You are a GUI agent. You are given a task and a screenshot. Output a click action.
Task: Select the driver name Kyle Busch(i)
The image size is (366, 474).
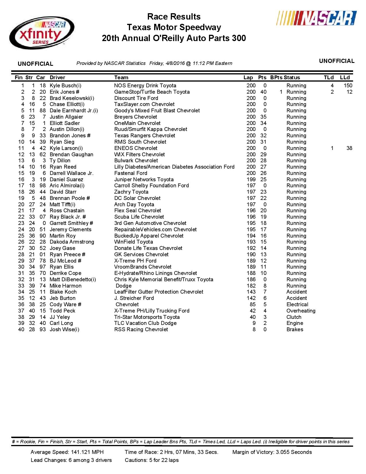tap(65, 86)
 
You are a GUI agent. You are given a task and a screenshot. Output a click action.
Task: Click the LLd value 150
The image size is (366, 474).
tap(348, 86)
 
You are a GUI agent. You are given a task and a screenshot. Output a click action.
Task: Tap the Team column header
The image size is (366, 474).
tap(121, 78)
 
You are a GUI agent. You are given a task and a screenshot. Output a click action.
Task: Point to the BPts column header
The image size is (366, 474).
tap(276, 78)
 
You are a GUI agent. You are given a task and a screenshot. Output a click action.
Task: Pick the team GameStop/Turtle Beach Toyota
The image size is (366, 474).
tap(152, 92)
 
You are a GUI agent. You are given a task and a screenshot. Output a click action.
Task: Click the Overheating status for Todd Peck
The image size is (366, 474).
tap(301, 311)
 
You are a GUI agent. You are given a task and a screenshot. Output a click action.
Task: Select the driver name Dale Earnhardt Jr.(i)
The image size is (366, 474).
tap(74, 111)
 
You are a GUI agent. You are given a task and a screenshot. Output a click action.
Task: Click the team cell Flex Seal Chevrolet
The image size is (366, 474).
tap(138, 211)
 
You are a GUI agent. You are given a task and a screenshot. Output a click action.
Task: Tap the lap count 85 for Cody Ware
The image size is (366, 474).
tap(253, 305)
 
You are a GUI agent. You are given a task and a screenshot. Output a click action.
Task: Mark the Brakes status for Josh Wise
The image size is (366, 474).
tap(295, 330)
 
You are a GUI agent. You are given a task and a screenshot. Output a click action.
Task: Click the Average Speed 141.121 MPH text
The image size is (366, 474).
tap(67, 452)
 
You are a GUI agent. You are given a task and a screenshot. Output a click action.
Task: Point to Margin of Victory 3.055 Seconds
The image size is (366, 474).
tap(272, 452)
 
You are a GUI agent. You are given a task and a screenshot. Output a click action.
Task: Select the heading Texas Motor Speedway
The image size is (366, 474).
tap(174, 28)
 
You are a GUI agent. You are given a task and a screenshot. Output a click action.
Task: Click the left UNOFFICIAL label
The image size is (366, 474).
tap(35, 64)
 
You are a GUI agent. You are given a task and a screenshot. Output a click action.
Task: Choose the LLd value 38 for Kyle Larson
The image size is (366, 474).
tap(349, 148)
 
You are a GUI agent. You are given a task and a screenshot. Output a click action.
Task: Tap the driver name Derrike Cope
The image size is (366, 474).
tap(65, 273)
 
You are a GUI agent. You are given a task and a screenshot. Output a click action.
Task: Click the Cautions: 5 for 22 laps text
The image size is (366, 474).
tap(152, 460)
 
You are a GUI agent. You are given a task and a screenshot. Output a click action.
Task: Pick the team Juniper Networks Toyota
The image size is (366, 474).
tap(144, 180)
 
